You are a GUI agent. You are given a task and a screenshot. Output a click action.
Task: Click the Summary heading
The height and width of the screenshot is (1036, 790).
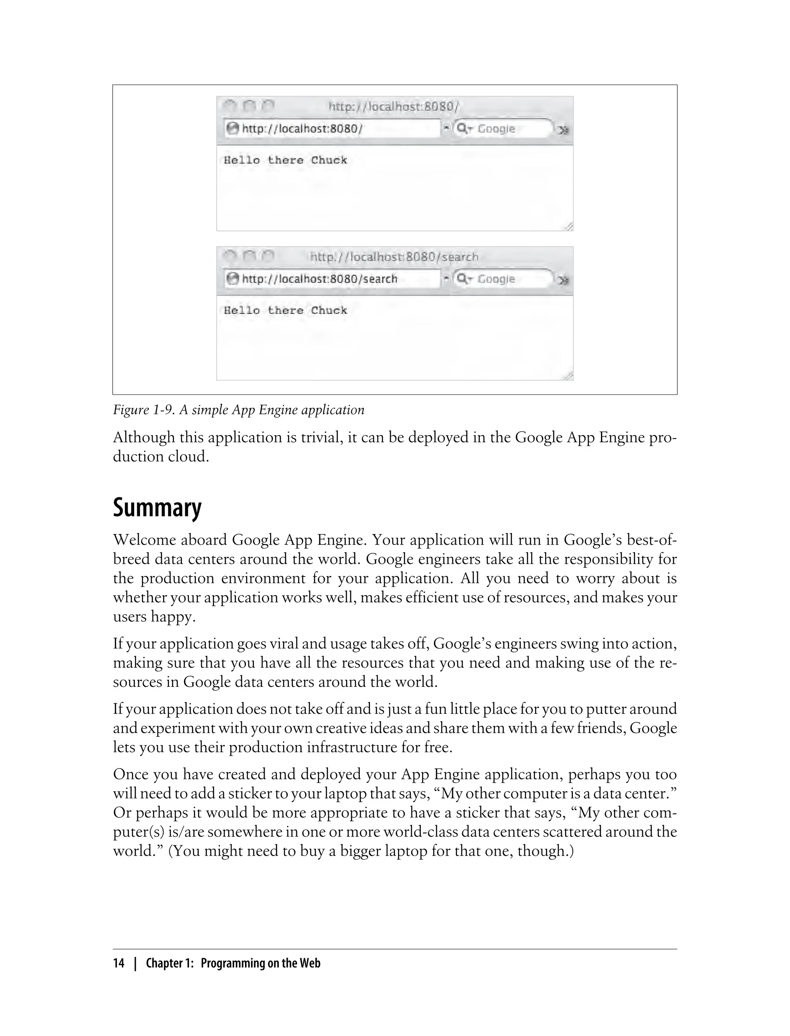point(157,508)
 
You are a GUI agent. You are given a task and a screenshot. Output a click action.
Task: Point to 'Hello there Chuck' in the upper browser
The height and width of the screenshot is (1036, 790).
point(285,160)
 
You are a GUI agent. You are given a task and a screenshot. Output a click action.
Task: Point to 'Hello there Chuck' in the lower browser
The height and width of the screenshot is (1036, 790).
point(285,311)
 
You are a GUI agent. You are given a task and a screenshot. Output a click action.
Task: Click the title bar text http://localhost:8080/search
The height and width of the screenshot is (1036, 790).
point(394,257)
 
